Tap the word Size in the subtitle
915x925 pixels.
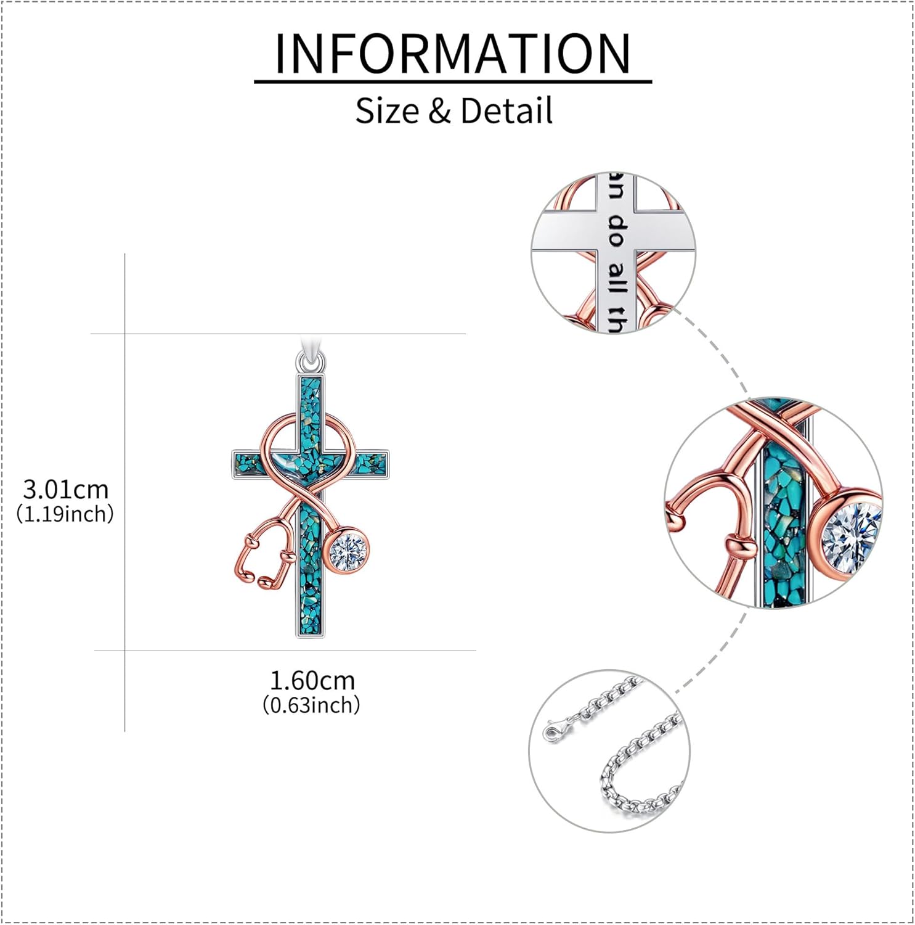(386, 111)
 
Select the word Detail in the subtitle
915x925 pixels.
(506, 111)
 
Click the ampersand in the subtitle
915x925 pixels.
(439, 112)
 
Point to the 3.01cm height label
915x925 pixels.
(65, 490)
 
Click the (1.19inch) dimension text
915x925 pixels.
(65, 514)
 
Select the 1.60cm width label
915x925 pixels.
(312, 681)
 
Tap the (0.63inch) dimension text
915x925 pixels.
(311, 705)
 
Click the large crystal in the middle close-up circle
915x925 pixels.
(851, 533)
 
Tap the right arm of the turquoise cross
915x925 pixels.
(370, 461)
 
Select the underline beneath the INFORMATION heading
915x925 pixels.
(453, 81)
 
